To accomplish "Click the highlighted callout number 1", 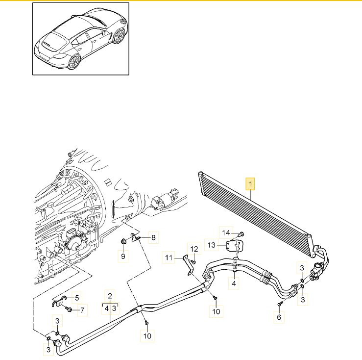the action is (250, 184).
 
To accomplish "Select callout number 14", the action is (226, 232).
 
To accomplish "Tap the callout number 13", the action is (212, 245).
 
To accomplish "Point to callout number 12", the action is (194, 249).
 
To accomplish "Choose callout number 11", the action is (169, 257).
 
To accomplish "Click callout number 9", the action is (123, 256).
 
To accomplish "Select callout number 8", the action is (153, 237).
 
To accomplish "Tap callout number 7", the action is (82, 310).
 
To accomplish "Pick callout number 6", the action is (279, 317).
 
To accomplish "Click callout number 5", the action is (77, 298).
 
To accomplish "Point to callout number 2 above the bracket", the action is (110, 296).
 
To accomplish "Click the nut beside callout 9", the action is (123, 242).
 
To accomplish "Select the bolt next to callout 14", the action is (241, 234).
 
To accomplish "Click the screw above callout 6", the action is (280, 304).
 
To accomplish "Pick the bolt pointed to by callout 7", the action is (69, 309).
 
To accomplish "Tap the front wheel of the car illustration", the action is (119, 36).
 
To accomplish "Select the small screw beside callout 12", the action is (193, 262).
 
